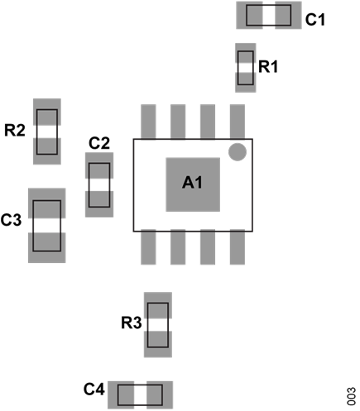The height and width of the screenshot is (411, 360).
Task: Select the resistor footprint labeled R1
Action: point(246,67)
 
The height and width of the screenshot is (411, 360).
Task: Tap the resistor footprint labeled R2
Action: point(46,131)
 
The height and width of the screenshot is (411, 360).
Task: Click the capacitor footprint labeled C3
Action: point(47,226)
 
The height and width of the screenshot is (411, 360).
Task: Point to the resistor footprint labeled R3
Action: point(157,325)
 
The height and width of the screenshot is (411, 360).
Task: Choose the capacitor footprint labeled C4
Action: point(141,392)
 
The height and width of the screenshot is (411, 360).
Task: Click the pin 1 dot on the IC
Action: point(238,151)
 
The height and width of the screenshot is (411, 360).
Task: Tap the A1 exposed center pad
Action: point(193,183)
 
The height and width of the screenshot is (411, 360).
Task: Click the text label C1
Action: point(314,20)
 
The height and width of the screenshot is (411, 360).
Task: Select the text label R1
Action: point(269,66)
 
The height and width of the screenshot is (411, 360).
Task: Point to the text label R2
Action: point(15,130)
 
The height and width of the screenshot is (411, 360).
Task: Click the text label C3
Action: point(12,220)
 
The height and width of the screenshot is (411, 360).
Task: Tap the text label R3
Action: point(131,323)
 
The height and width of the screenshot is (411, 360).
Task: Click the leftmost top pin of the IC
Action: point(149,121)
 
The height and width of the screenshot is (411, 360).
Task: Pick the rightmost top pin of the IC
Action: point(238,121)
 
